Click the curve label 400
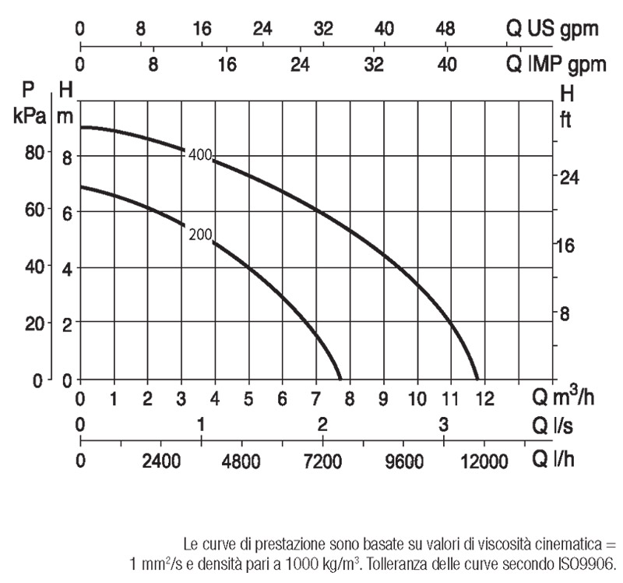tap(200, 155)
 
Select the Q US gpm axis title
tap(553, 30)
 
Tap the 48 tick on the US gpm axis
tap(445, 30)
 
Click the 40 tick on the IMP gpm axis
tap(446, 65)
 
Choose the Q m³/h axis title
tap(563, 398)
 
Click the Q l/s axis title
tap(555, 426)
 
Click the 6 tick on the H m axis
tap(67, 212)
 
